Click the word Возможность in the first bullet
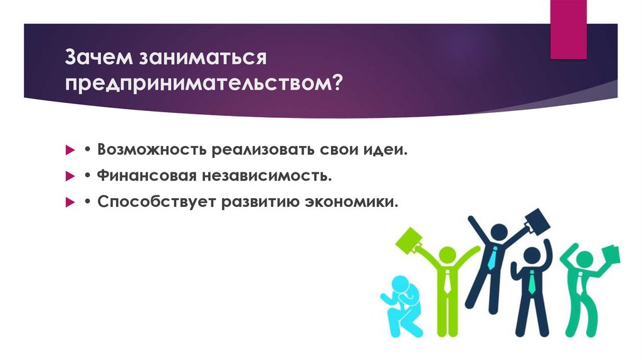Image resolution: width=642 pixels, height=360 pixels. [x=151, y=151]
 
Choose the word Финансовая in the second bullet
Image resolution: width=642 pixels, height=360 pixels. [x=145, y=177]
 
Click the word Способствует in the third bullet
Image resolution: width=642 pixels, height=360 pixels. [x=153, y=203]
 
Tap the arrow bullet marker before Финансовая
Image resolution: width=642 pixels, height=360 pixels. [x=70, y=177]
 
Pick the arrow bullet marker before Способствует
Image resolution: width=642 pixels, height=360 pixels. [x=70, y=203]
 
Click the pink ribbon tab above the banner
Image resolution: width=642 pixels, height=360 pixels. [x=568, y=28]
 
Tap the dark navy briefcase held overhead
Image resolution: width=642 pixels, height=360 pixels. [x=535, y=221]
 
